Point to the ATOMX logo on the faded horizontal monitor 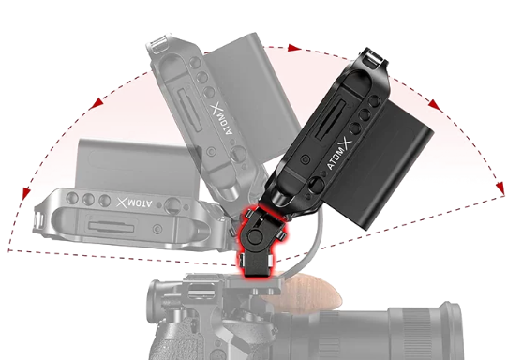[135, 202]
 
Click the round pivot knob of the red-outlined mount [255, 236]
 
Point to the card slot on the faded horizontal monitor [111, 228]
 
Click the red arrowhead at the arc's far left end [26, 194]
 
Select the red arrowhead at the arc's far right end [500, 188]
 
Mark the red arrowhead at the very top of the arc [294, 48]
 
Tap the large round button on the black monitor [316, 186]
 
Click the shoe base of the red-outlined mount [256, 263]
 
